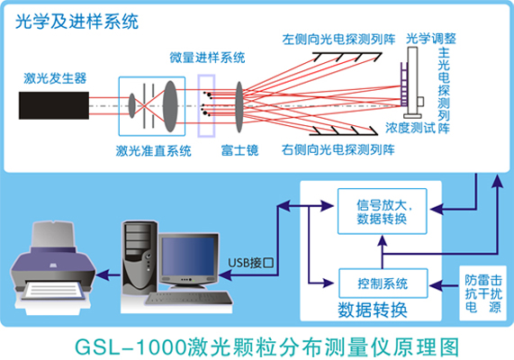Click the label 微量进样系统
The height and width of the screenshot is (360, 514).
pyautogui.click(x=207, y=58)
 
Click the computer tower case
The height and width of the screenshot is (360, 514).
pyautogui.click(x=137, y=255)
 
